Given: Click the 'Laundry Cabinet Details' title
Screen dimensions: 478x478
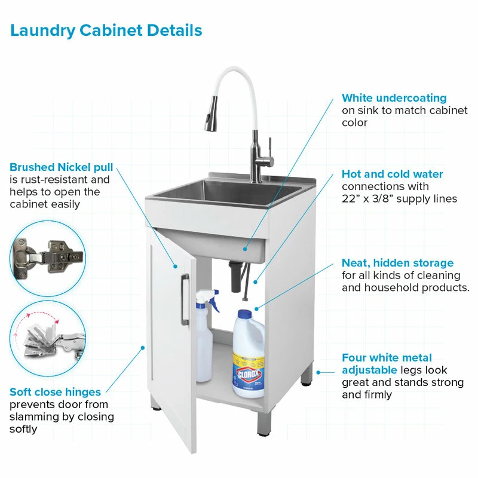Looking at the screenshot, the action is pos(106,30).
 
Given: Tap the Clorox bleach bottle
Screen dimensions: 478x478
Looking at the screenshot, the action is pos(249,354).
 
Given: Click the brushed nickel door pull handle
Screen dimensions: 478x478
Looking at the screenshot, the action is pos(185,300).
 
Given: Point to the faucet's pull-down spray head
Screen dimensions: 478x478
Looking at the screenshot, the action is pos(212,114).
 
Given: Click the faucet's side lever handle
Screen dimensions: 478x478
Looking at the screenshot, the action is pos(270,149).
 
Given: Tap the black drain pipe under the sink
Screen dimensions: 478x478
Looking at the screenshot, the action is pos(235,276).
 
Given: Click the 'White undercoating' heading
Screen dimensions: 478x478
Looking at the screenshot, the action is pos(394,98).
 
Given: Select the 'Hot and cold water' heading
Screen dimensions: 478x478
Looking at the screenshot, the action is pos(393,174).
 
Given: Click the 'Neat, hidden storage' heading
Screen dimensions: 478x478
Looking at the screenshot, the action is pos(397,263).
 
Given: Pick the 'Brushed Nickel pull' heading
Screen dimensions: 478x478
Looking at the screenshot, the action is pos(62,167).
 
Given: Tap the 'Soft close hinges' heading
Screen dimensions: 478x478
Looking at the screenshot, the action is pos(55,392).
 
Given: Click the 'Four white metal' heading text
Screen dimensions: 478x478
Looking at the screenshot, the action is pos(387,357).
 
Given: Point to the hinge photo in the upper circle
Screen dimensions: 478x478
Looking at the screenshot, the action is pos(48,259).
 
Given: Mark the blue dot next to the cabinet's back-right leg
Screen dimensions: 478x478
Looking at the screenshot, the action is pos(318,372).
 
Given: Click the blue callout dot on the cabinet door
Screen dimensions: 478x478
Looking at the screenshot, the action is pos(175,266).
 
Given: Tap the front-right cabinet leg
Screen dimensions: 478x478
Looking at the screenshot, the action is pos(264,424).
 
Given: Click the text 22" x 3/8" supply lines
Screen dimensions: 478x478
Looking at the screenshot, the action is pos(399,199).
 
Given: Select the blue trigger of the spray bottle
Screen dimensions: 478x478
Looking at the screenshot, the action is pos(214,301).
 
